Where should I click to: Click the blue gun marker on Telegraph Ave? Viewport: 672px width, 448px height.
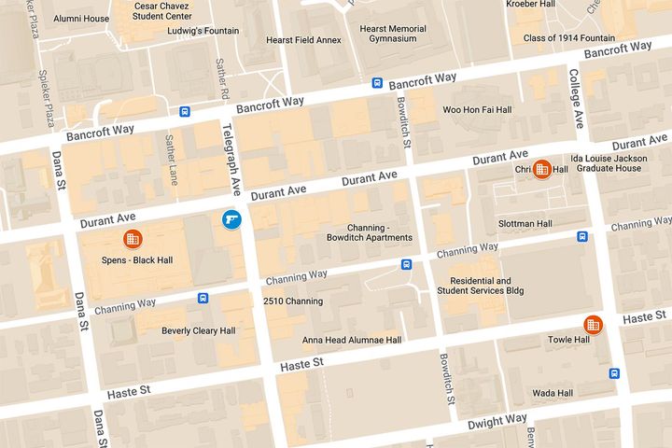tap(231, 220)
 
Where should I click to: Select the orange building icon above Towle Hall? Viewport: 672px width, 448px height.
tap(592, 325)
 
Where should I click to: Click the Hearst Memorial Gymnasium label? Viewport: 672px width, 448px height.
tap(399, 34)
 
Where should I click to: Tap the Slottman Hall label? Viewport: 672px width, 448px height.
tap(526, 224)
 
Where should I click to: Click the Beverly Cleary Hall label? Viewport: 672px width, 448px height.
tap(198, 330)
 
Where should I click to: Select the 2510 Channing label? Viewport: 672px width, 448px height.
tap(293, 301)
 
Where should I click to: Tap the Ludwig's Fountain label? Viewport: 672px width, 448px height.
tap(203, 31)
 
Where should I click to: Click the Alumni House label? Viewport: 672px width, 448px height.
tap(81, 18)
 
